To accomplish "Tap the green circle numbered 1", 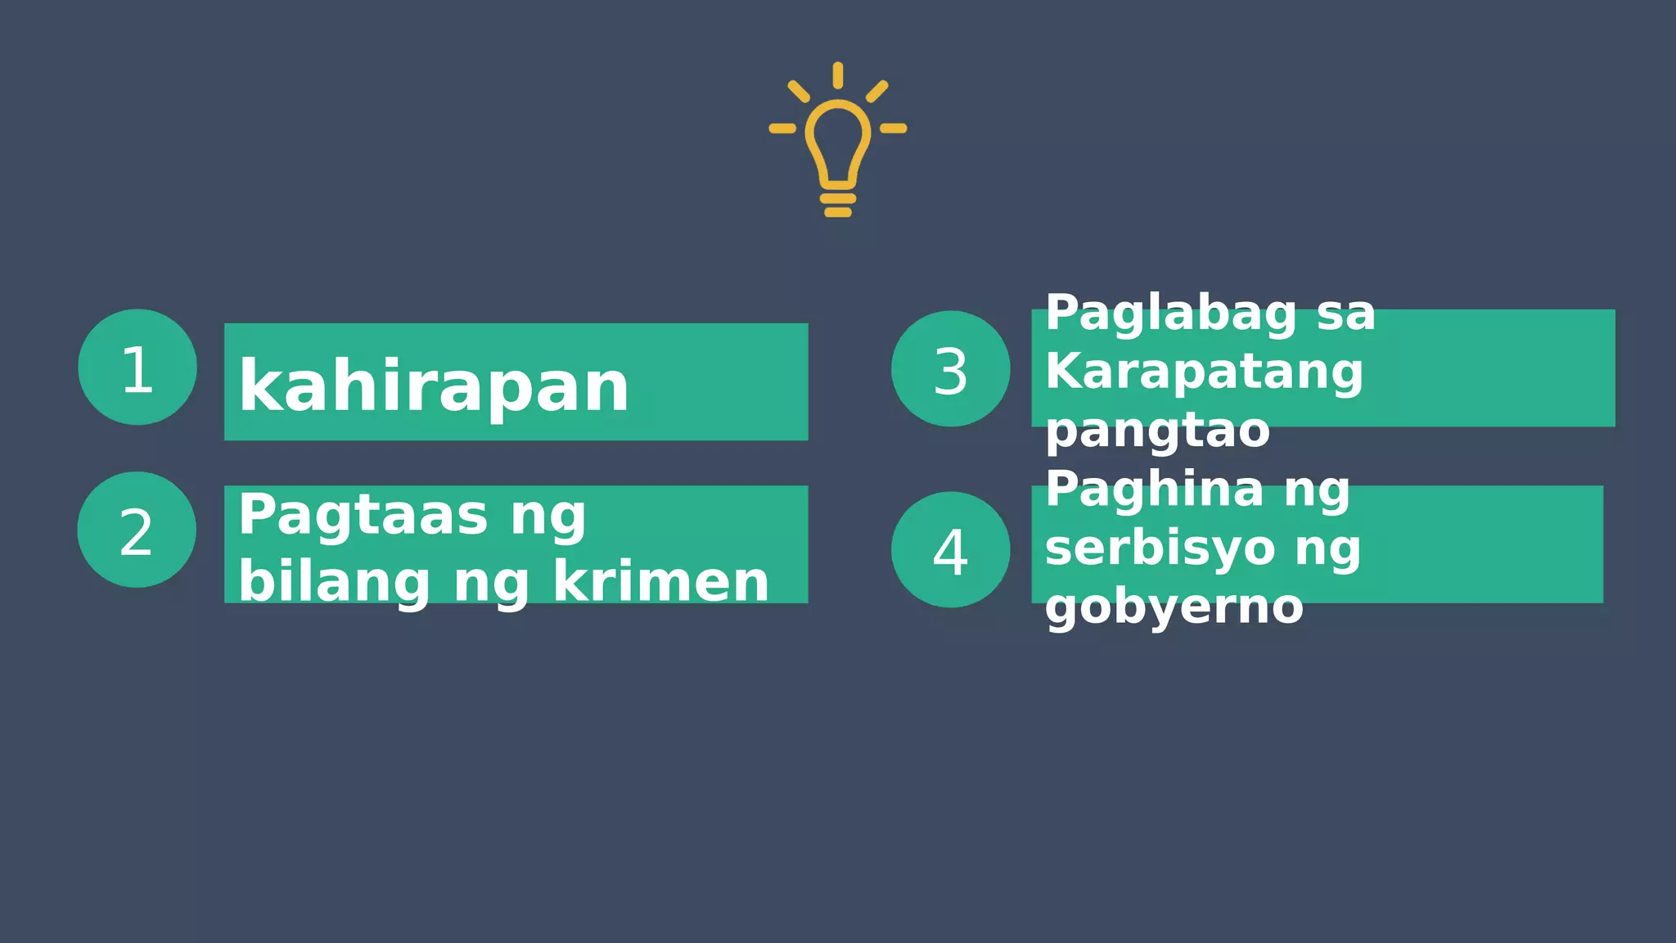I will click(137, 368).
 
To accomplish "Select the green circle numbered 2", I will click(137, 530).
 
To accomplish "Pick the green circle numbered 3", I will click(950, 369).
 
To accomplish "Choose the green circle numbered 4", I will click(950, 549).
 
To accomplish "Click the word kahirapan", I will click(434, 386).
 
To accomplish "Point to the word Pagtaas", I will click(363, 516).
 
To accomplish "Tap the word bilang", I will click(334, 582).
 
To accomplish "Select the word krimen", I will click(661, 582).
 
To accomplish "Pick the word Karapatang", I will click(1204, 372).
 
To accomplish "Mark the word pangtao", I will click(1157, 431).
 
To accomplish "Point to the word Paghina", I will click(1155, 490).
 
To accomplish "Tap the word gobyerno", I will click(1174, 607).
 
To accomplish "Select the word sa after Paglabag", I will click(1346, 314).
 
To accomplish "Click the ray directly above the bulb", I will click(837, 74).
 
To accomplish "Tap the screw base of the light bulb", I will click(837, 204).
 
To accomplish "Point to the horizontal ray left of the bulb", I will click(782, 128).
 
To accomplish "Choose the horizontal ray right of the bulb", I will click(893, 128).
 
